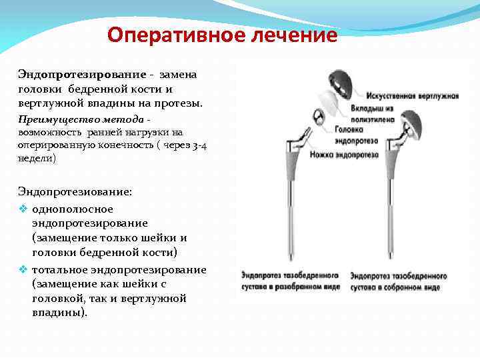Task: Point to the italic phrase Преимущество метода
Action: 80,119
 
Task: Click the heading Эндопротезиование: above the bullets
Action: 75,191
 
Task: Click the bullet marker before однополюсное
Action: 23,209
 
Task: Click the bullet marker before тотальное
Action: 23,269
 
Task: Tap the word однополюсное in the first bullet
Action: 72,209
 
